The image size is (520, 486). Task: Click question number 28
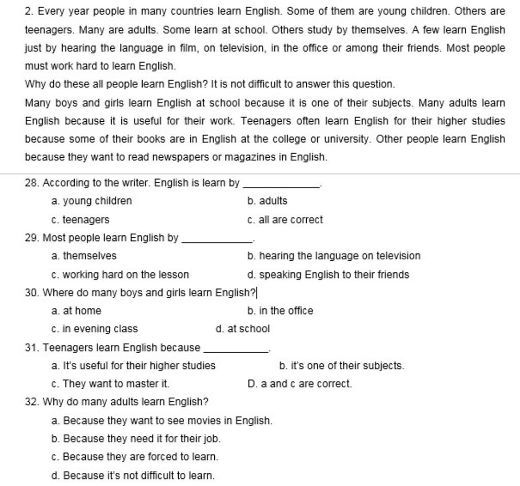pos(31,183)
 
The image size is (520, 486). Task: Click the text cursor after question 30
pos(257,293)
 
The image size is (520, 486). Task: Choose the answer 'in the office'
pos(286,310)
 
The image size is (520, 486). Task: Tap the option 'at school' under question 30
pos(248,329)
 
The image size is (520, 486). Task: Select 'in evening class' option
pos(100,329)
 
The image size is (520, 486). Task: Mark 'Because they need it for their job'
pos(142,438)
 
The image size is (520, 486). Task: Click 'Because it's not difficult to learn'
pos(139,475)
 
